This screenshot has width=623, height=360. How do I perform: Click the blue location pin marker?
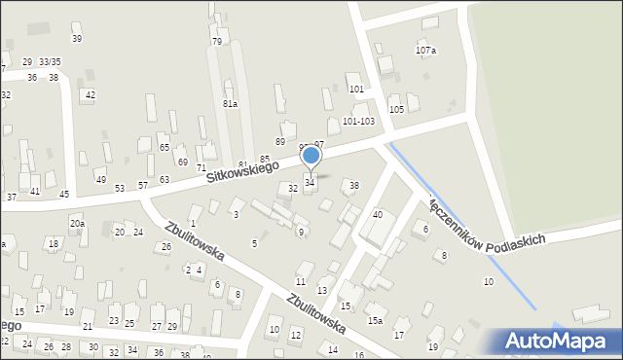pos(311,156)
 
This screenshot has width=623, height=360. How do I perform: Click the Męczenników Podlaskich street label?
pos(493,227)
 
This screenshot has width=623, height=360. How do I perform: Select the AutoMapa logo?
pos(559,342)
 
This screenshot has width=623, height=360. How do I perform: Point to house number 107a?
pos(425,50)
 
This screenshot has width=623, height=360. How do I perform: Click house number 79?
pos(216,42)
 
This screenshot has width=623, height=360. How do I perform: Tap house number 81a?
pos(230,103)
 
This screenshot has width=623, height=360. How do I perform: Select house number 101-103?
pos(358,122)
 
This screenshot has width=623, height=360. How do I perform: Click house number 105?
pos(396,109)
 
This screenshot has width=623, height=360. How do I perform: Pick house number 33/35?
pos(50,61)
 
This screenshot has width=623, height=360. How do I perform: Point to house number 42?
pos(90,94)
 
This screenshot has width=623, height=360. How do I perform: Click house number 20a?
pos(77,224)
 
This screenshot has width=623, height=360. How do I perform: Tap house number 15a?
pos(375,320)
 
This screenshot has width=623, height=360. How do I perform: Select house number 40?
pos(378,214)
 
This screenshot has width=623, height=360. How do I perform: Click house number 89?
pos(280,142)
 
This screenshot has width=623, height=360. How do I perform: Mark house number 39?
pos(76,39)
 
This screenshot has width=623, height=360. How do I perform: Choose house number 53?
pos(120,188)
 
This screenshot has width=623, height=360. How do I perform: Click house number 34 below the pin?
pos(310,182)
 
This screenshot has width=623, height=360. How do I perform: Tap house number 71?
pos(201,168)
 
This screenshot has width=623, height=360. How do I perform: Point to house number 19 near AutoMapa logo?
pos(433,346)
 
